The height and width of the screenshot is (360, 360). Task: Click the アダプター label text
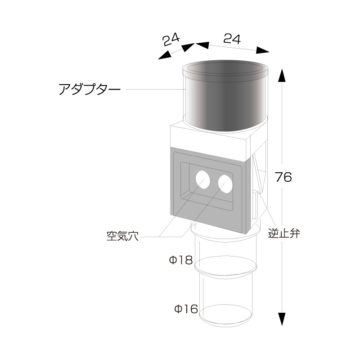tap(90, 89)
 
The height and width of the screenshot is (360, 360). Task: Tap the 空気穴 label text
tap(122, 236)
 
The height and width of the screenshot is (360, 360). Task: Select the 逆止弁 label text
tap(284, 234)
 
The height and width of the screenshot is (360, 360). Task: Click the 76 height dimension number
tap(283, 177)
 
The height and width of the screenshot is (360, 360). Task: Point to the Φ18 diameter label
tap(181, 261)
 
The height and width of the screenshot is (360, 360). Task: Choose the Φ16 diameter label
tap(186, 309)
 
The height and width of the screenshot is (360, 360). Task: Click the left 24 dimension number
tap(171, 40)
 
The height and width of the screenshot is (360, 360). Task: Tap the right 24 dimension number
tap(232, 39)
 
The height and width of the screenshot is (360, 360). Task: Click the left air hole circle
tap(202, 180)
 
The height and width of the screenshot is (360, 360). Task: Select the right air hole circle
tap(225, 184)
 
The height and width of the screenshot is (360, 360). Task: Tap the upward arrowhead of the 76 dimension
tap(282, 75)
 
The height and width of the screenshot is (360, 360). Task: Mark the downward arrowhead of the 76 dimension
tap(282, 319)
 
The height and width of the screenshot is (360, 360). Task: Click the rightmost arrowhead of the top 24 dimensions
tap(262, 50)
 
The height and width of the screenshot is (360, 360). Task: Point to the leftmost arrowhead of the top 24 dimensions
tap(164, 55)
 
